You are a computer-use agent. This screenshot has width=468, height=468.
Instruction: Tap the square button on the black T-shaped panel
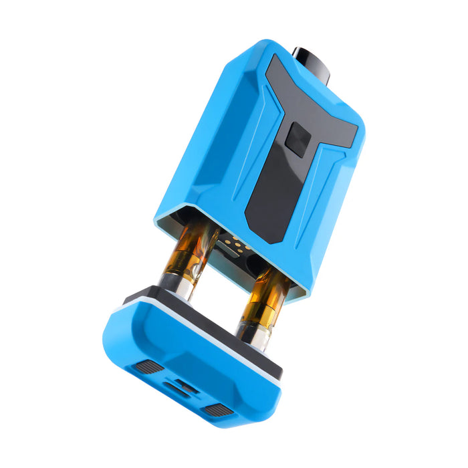298,139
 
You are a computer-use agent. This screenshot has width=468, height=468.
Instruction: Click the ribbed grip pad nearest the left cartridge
149,366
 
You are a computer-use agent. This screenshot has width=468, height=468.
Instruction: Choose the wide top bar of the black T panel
314,100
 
